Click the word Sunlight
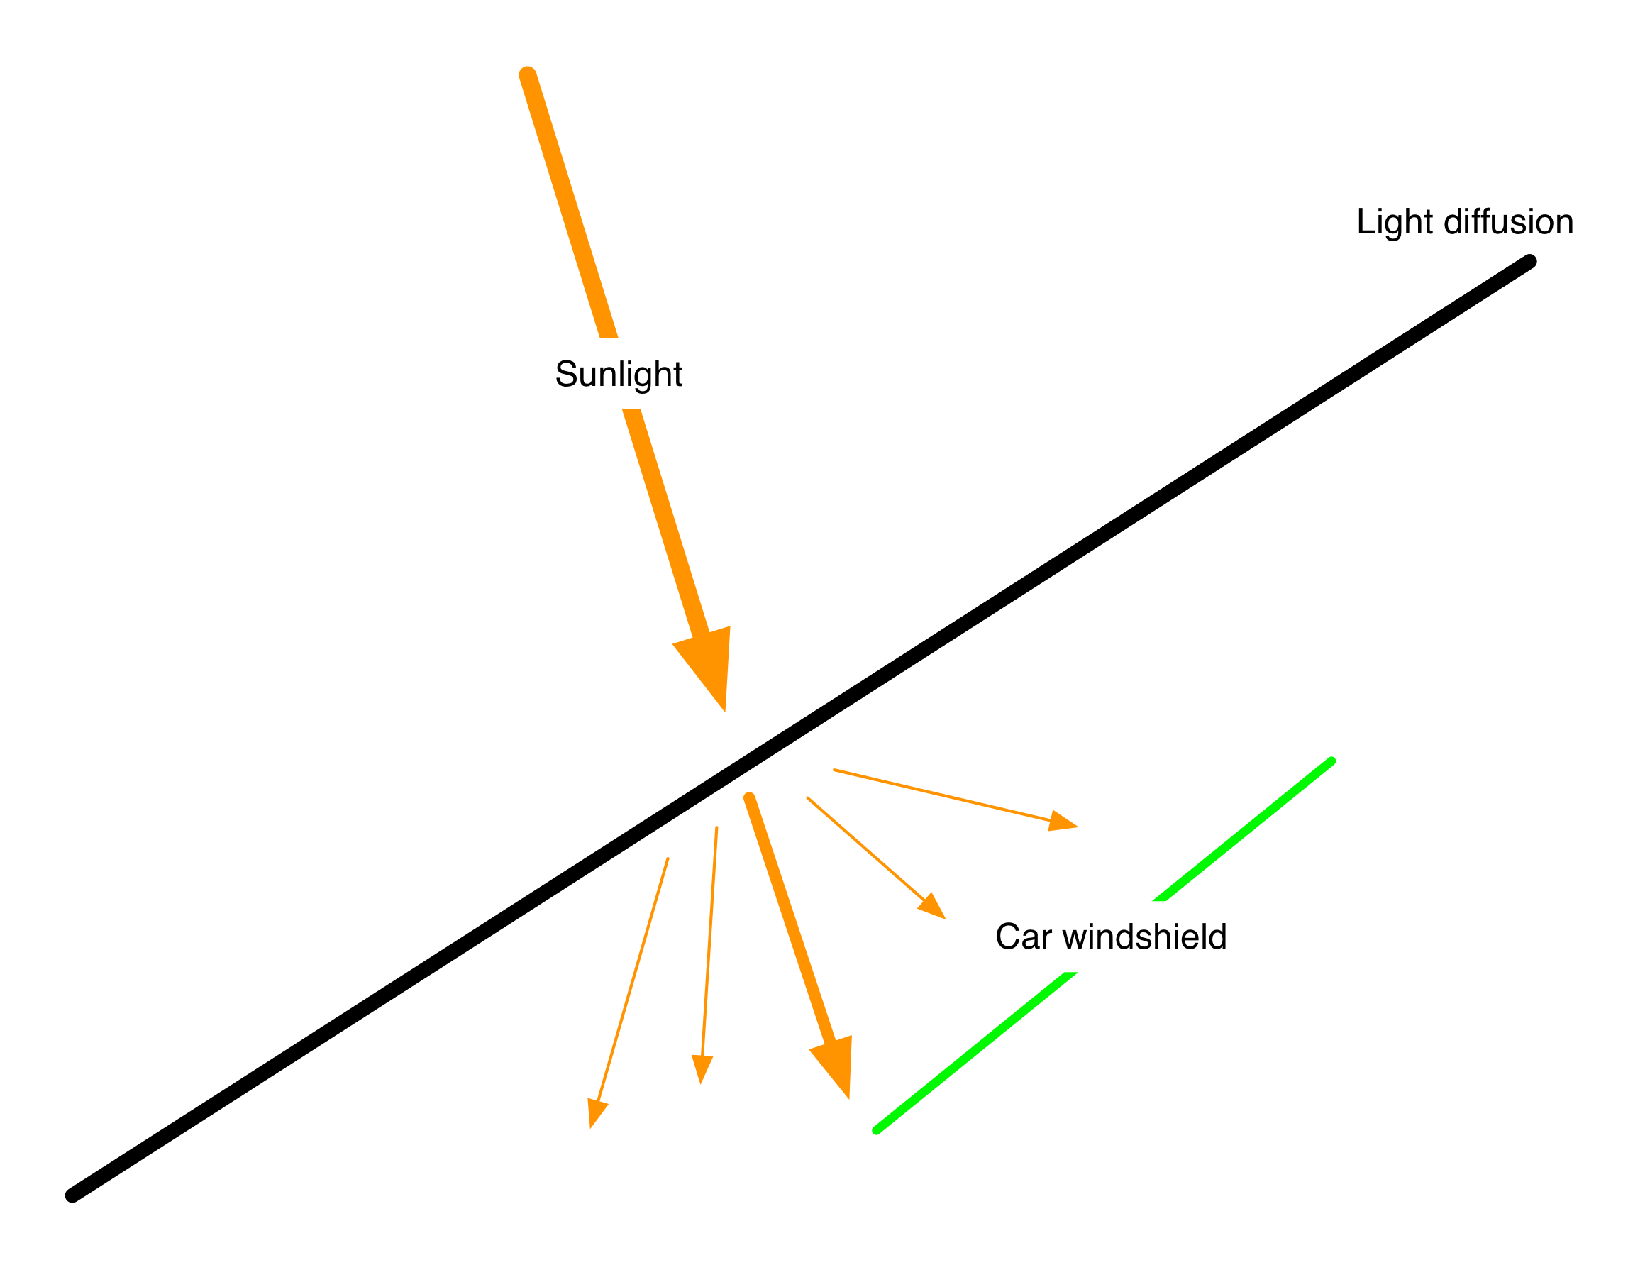click(619, 374)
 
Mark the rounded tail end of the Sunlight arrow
click(528, 74)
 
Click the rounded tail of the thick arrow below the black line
click(750, 798)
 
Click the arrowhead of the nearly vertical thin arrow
click(702, 1068)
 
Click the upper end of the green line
click(1331, 762)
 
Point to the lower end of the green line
click(877, 1130)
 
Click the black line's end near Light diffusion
click(1529, 262)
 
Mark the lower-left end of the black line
click(72, 1195)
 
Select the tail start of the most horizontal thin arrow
click(835, 770)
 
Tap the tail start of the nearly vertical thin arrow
click(716, 827)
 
